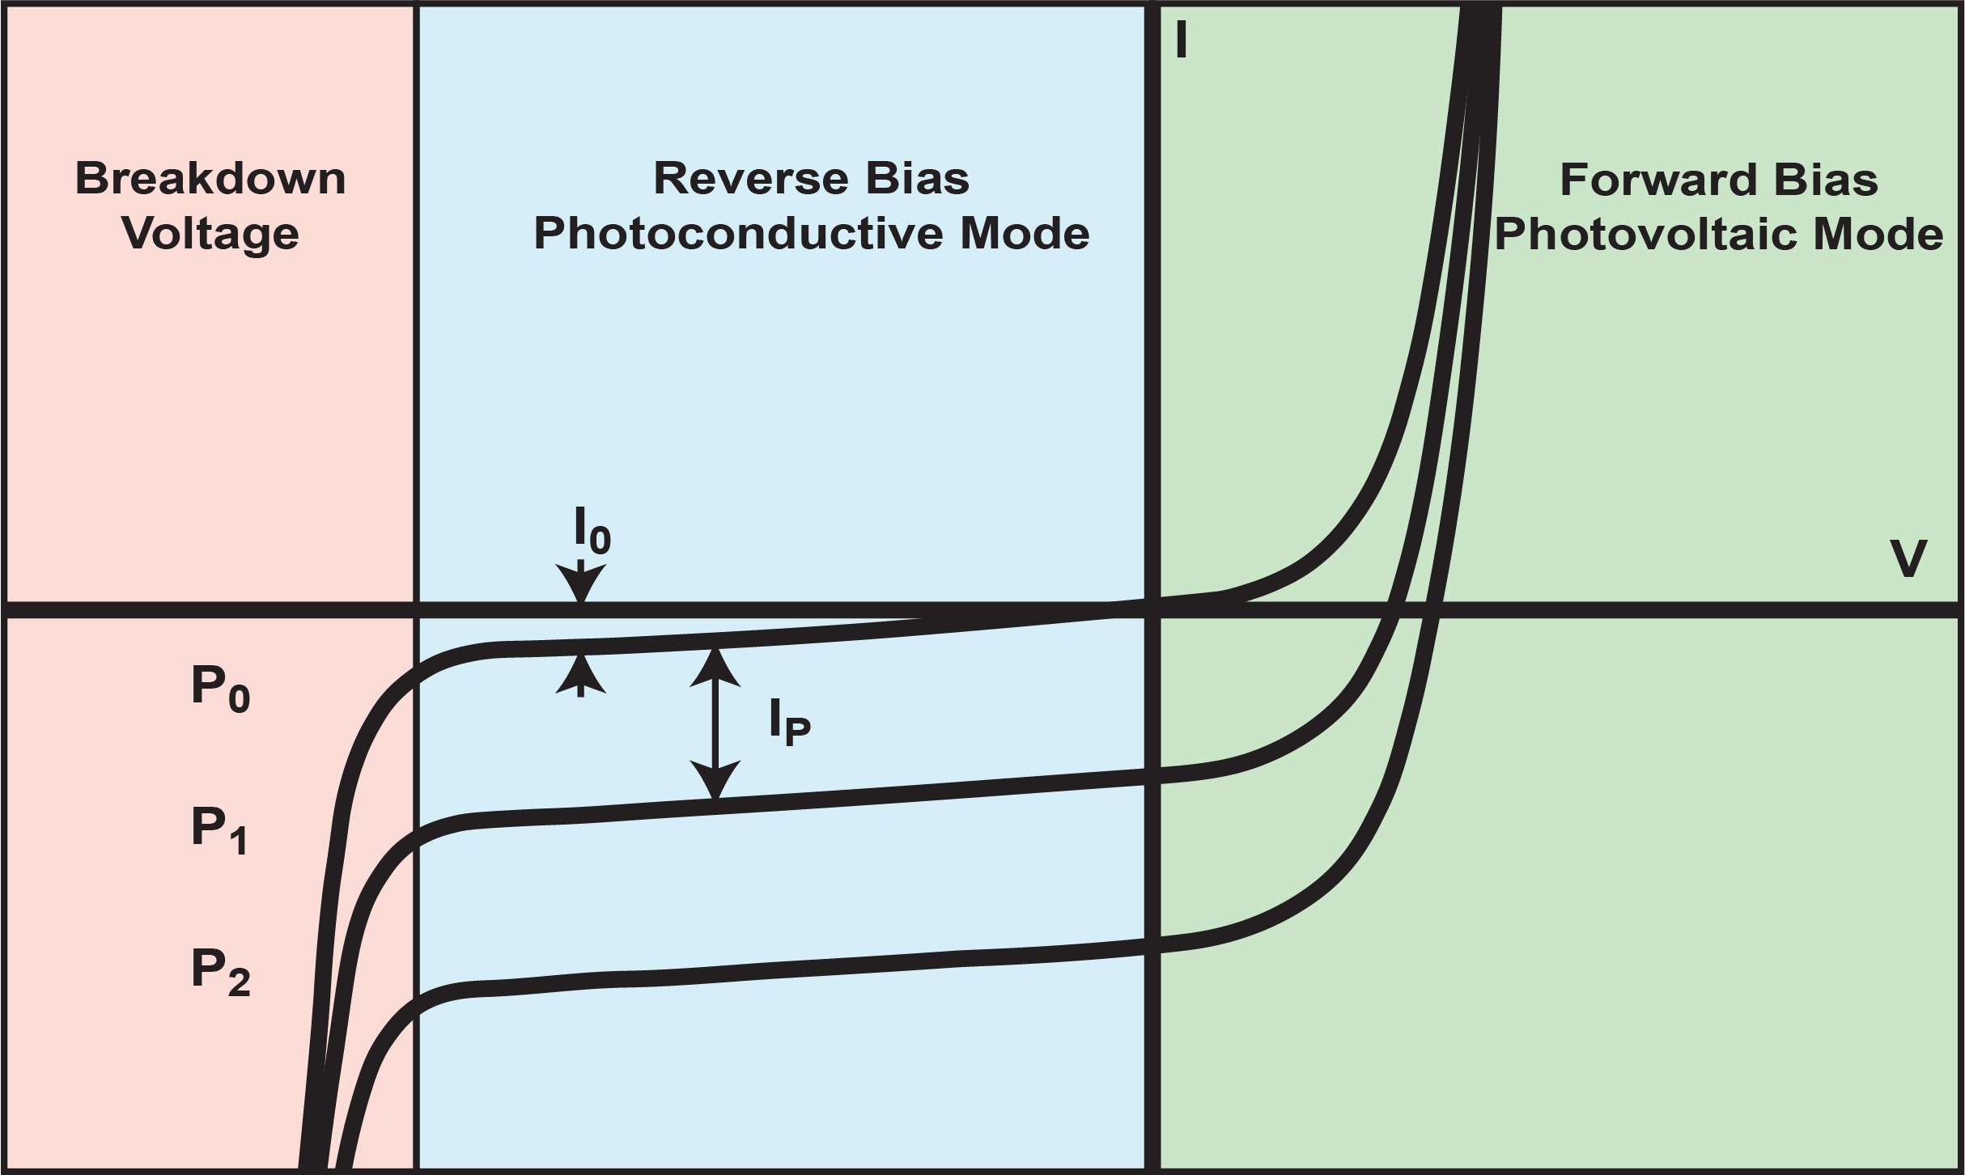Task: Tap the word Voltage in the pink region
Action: (210, 235)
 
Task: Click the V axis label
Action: (1908, 559)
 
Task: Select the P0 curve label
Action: (220, 689)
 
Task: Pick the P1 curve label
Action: (219, 830)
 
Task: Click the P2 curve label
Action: (220, 972)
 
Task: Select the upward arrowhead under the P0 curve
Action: (581, 675)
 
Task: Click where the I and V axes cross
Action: (1152, 609)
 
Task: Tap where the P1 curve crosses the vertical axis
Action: (1152, 775)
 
